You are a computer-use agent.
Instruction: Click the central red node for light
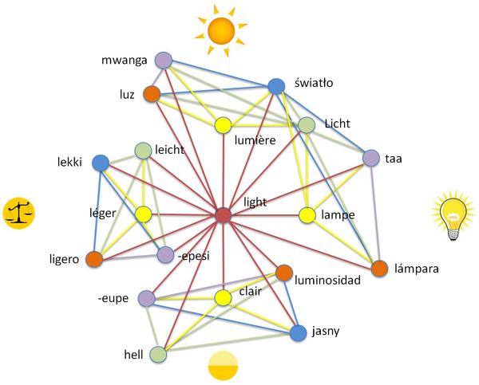224,215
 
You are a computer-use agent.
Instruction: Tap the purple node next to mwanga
164,60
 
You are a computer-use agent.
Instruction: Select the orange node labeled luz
152,94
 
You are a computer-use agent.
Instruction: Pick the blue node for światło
277,86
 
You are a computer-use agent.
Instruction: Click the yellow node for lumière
223,124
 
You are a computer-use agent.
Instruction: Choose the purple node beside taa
370,159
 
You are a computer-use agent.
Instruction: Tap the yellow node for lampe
307,215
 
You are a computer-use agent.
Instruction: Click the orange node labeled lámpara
379,268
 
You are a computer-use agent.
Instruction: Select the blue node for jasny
298,332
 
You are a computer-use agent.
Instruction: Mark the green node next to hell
158,353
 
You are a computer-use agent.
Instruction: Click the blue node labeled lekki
101,163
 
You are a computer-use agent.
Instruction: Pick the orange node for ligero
94,259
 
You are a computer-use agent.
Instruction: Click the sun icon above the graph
220,30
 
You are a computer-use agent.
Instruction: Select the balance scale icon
18,213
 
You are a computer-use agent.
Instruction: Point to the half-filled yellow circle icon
223,366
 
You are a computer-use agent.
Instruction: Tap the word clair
251,292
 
